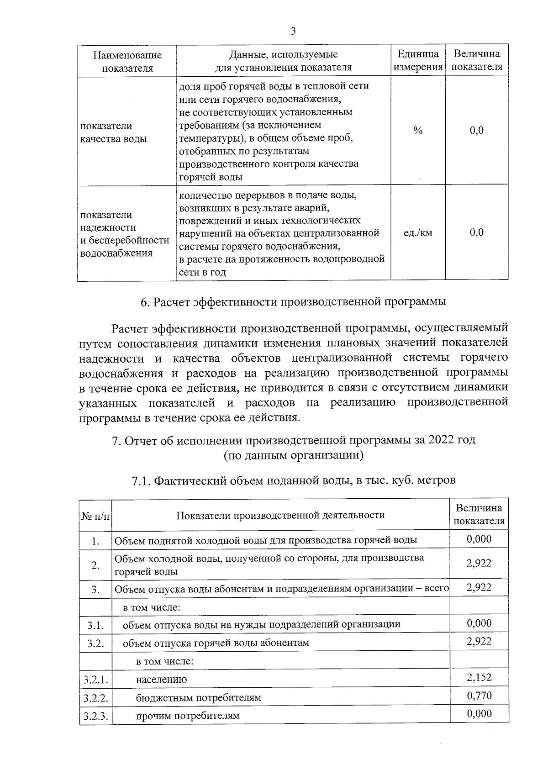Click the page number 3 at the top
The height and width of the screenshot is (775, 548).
(x=293, y=31)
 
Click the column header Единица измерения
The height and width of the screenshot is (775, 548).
(x=418, y=60)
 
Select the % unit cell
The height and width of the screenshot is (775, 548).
(x=418, y=131)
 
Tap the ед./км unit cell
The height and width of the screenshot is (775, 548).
(x=418, y=233)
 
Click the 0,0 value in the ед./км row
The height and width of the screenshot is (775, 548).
(x=476, y=232)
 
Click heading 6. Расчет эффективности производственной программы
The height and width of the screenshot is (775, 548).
(x=293, y=302)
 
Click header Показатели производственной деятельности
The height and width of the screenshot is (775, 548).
(x=280, y=515)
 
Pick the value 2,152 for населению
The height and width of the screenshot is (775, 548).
(x=479, y=677)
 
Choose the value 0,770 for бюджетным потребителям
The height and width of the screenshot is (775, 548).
(x=479, y=696)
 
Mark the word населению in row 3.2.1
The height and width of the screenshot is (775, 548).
(x=161, y=679)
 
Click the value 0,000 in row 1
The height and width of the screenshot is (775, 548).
(x=479, y=539)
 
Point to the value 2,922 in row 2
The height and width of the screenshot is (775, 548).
(x=479, y=563)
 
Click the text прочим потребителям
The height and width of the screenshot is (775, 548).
(x=187, y=716)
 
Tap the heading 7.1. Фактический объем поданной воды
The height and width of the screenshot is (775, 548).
(x=293, y=480)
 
